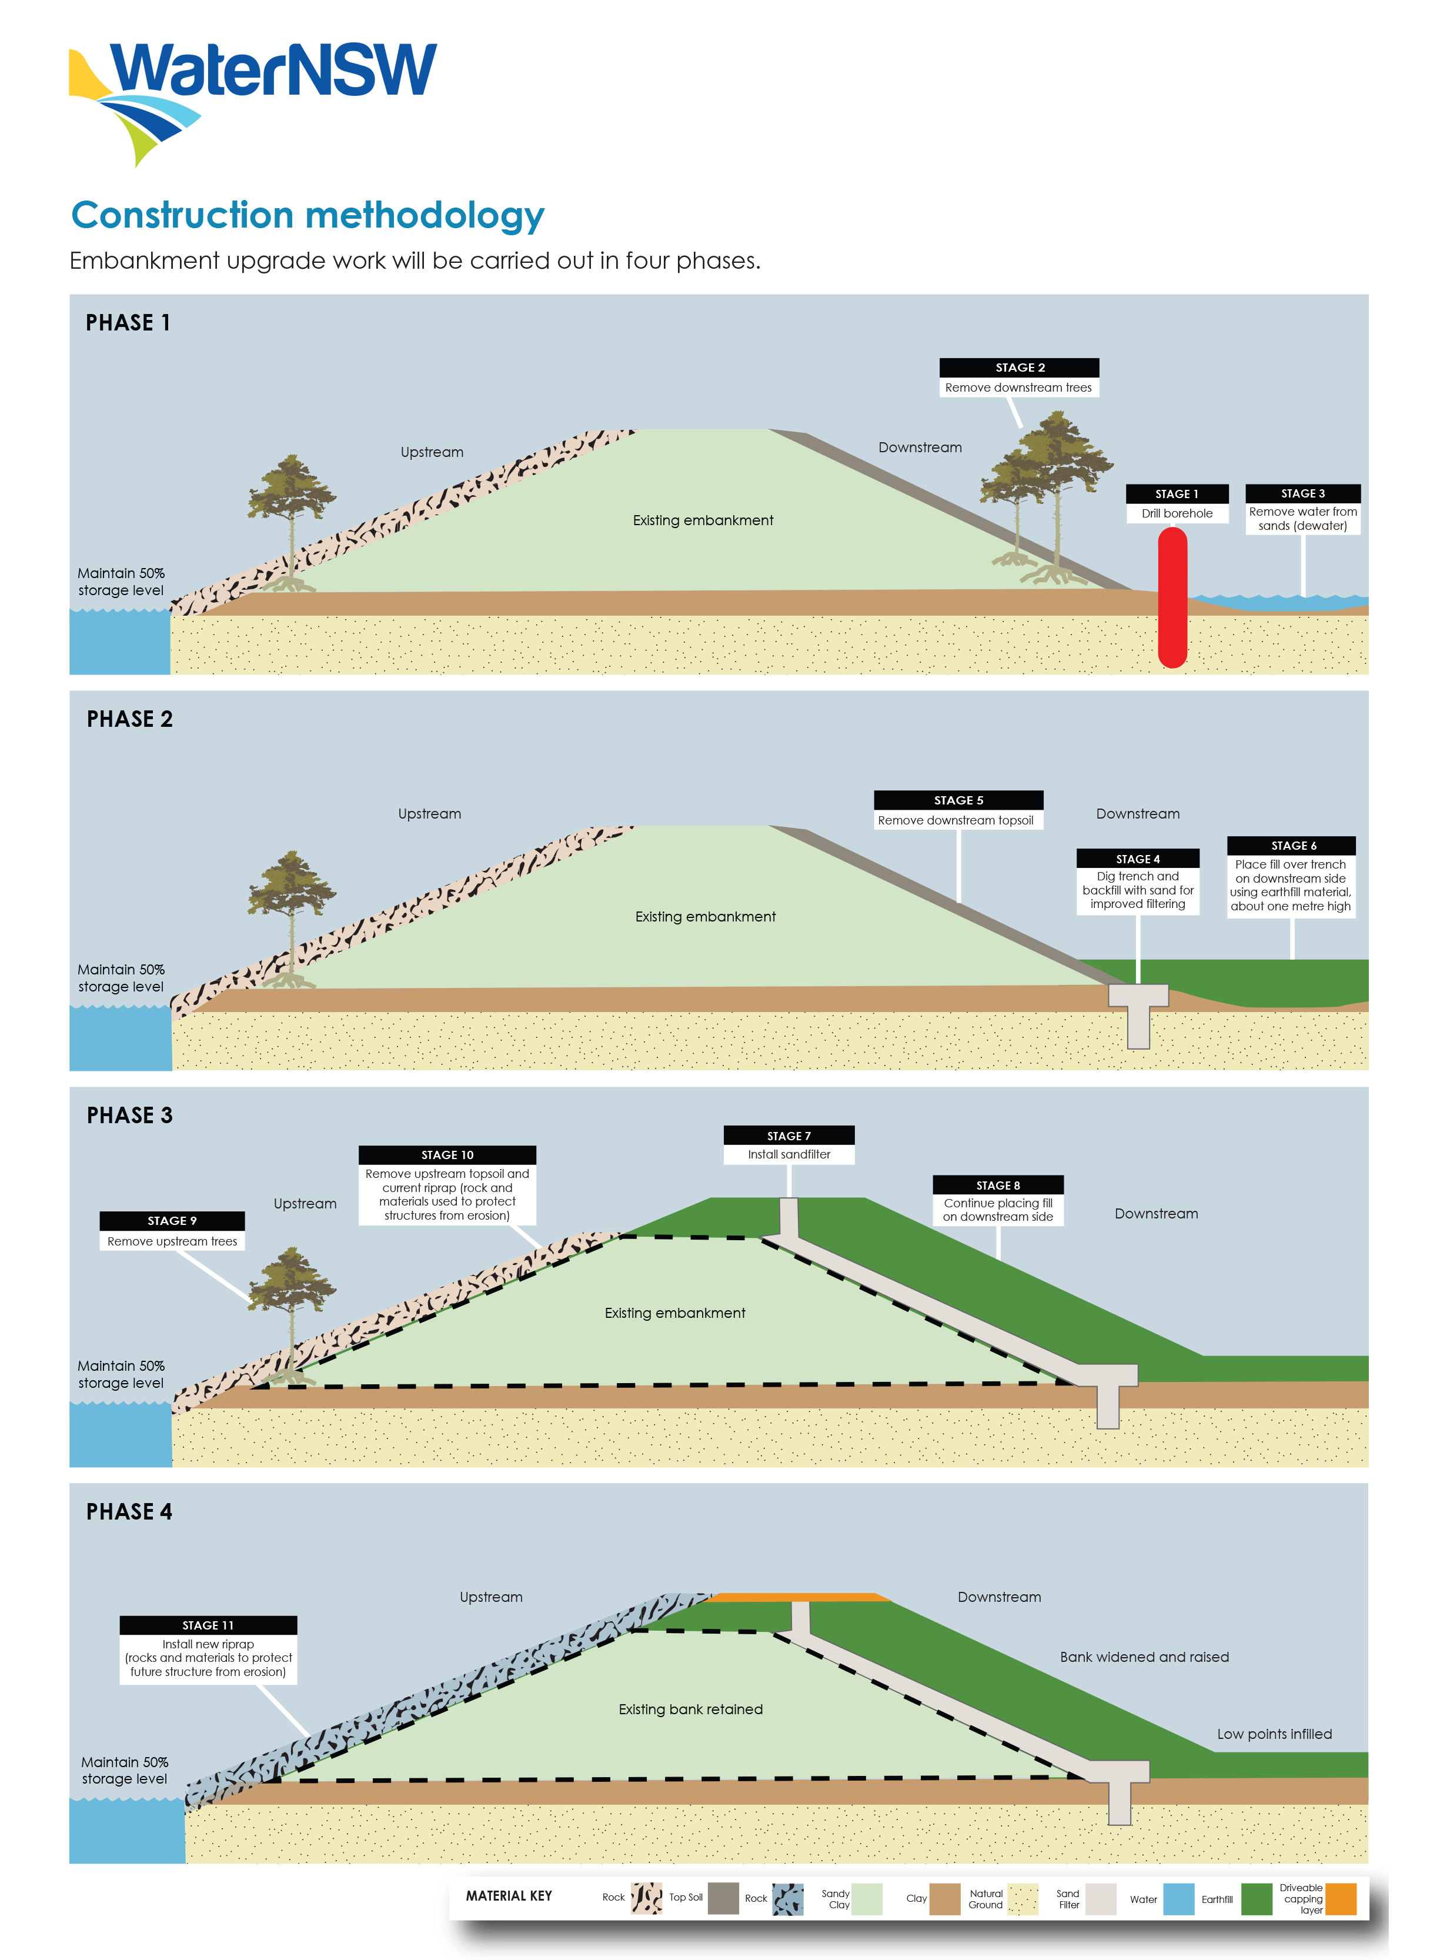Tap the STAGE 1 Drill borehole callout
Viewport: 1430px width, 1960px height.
[x=1177, y=504]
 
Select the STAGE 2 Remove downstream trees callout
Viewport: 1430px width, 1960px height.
[x=1019, y=378]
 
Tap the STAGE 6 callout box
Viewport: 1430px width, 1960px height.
[x=1291, y=876]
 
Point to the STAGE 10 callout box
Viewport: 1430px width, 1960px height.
[x=447, y=1185]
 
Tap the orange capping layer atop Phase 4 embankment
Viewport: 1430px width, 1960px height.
[x=796, y=1597]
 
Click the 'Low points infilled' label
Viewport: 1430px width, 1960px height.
[x=1274, y=1734]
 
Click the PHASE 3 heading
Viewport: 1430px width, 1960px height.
[x=130, y=1115]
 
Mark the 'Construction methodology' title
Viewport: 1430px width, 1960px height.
[x=308, y=216]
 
